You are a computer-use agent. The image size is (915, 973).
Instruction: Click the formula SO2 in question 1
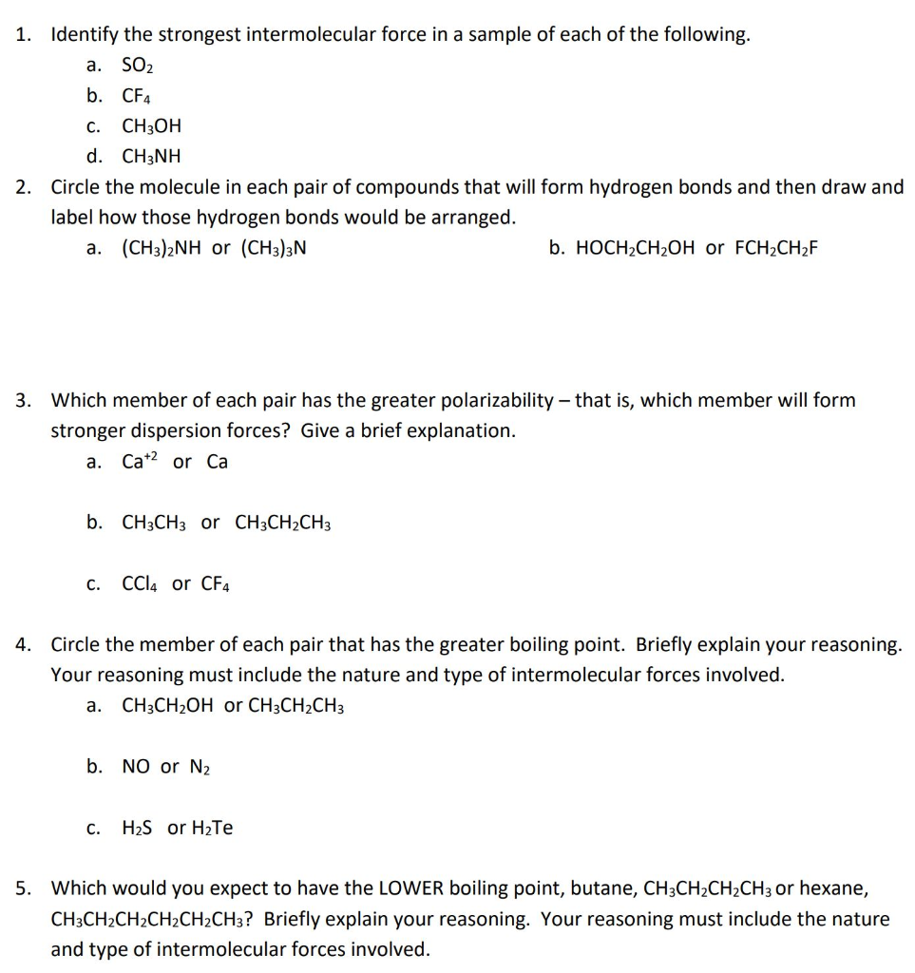pos(138,66)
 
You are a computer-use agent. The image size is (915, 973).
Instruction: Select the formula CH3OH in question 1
pos(152,126)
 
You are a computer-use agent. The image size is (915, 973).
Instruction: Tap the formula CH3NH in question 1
pos(151,157)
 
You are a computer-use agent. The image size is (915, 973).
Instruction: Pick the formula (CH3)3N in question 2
pos(274,249)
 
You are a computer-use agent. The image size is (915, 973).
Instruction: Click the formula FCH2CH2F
pos(776,249)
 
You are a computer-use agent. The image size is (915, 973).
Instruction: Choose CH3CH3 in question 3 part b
pos(155,523)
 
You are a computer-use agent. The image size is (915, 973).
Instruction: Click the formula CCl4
pos(141,583)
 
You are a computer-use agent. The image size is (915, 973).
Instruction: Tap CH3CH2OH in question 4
pos(168,706)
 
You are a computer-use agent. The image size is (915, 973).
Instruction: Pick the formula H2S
pos(139,828)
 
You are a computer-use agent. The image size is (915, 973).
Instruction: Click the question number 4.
pos(22,645)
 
